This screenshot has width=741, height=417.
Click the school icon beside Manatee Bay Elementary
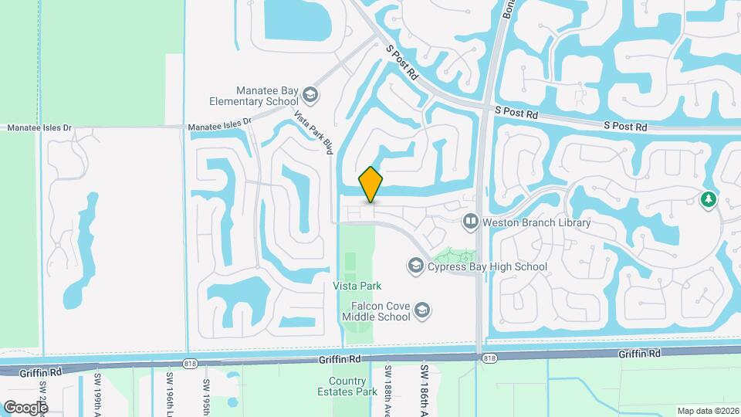click(x=310, y=95)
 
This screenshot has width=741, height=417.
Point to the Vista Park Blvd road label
click(x=312, y=131)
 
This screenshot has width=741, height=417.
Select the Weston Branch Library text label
click(x=536, y=223)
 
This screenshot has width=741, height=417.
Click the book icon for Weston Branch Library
click(x=470, y=222)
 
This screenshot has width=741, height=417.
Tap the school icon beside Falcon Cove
click(x=421, y=310)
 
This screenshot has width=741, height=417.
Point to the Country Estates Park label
click(x=347, y=386)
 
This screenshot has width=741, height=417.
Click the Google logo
click(x=25, y=407)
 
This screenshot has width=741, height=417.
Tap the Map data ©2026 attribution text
click(x=708, y=411)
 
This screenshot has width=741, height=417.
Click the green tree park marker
click(x=708, y=200)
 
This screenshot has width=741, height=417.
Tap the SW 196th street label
click(x=169, y=391)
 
